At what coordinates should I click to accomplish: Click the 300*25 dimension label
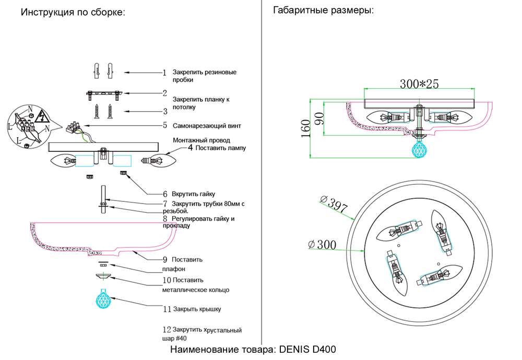click(419, 83)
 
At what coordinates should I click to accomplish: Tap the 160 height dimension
click(306, 127)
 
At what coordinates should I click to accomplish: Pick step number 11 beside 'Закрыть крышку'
click(167, 309)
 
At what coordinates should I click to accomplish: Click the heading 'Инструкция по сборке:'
click(73, 13)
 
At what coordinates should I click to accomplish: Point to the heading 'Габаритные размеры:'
click(324, 10)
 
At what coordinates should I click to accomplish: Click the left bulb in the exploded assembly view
click(64, 161)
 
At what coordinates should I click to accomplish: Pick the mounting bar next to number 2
click(104, 94)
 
